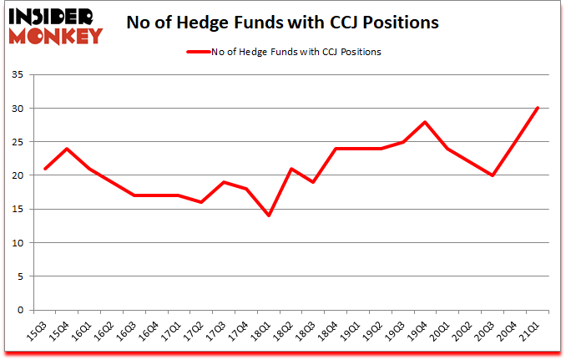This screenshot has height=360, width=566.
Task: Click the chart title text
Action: tap(282, 23)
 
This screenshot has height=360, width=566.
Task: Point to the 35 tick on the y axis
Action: tap(18, 75)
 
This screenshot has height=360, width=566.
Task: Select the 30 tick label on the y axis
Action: tap(18, 109)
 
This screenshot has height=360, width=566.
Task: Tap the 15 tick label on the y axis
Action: tap(18, 209)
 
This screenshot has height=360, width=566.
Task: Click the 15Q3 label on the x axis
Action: tap(37, 332)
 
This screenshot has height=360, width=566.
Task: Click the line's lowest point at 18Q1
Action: tap(269, 215)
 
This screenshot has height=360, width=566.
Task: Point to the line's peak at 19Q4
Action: tap(426, 122)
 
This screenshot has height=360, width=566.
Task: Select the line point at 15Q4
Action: tap(66, 149)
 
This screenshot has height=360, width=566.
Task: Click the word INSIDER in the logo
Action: tap(53, 16)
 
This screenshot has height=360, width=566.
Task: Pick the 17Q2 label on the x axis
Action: tap(195, 332)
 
